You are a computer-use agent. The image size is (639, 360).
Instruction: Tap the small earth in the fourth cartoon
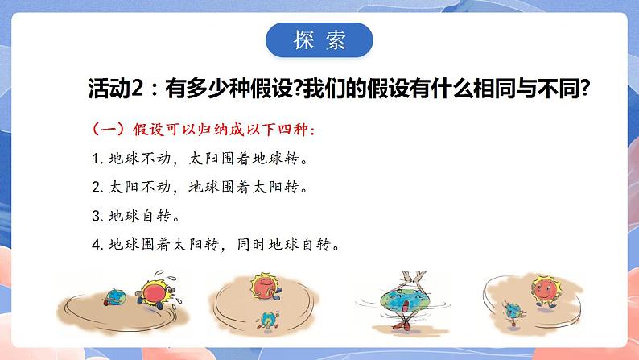(x=512, y=312)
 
